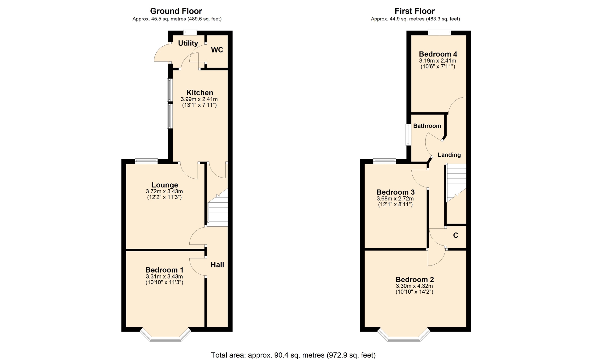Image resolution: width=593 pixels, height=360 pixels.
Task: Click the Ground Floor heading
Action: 176,11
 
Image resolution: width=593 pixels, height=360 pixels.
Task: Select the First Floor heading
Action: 414,11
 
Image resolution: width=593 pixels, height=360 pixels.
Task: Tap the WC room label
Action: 217,50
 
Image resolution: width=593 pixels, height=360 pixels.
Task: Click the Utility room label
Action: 188,43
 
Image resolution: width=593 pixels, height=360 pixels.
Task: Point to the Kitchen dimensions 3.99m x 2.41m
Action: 199,99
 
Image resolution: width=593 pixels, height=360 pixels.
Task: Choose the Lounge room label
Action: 165,185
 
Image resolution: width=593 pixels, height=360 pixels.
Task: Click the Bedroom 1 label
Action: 164,270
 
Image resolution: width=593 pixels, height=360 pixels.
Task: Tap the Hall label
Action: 217,265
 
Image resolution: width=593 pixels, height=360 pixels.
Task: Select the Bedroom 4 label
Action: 438,54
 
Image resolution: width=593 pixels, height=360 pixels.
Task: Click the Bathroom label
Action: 427,126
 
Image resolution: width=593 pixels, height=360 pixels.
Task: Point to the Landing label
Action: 449,155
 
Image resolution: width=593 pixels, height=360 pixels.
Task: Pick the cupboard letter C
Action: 456,236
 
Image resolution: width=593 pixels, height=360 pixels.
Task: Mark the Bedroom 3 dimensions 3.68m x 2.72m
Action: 395,199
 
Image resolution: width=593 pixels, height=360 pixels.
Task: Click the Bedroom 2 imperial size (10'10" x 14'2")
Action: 414,292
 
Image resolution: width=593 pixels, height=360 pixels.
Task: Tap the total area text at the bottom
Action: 293,355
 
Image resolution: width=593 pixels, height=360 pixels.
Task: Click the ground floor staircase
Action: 218,207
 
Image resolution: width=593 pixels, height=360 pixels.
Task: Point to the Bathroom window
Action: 408,135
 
